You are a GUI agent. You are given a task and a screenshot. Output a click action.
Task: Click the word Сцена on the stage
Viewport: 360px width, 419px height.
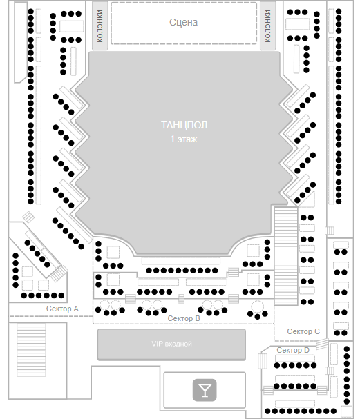[x=184, y=22]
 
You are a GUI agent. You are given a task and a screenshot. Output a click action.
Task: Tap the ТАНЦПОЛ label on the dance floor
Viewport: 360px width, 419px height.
[x=184, y=125]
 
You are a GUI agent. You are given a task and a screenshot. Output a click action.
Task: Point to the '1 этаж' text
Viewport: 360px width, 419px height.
[x=184, y=139]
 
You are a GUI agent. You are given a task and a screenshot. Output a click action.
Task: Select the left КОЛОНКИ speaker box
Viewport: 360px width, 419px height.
[x=100, y=26]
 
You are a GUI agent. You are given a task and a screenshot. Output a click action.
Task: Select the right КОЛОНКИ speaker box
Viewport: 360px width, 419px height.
[x=267, y=26]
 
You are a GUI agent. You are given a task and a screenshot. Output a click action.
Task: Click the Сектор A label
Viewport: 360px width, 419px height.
[x=62, y=309]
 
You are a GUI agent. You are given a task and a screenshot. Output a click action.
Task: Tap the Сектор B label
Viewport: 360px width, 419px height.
[x=184, y=318]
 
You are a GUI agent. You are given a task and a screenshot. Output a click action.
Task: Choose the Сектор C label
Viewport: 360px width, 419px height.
[x=303, y=331]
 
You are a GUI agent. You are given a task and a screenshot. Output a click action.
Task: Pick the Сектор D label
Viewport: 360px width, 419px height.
[x=293, y=350]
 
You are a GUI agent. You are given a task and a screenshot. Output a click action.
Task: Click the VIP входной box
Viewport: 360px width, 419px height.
[x=171, y=344]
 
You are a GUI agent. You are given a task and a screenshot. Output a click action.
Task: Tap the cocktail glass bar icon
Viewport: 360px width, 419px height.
[x=205, y=390]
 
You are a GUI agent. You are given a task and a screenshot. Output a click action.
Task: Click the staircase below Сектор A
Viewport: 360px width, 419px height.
[x=31, y=350]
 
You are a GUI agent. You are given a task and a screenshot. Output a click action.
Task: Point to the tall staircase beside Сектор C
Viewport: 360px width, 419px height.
[x=285, y=256]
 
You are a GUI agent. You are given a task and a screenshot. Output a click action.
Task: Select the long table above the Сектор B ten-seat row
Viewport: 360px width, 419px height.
[x=181, y=261]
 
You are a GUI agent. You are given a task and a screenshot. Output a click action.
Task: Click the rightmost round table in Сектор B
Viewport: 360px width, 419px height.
[x=257, y=306]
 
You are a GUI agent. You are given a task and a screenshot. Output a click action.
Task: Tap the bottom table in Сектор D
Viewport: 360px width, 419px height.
[x=295, y=403]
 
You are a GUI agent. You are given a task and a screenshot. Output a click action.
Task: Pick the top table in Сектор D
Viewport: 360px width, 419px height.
[x=295, y=358]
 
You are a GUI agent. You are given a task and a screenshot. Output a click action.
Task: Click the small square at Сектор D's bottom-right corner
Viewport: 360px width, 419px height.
[x=347, y=411]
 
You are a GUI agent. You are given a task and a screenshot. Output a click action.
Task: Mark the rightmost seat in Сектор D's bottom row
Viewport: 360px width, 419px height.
[x=334, y=411]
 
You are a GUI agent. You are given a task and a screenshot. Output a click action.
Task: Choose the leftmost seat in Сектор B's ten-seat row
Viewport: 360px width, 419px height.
[x=149, y=271]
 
